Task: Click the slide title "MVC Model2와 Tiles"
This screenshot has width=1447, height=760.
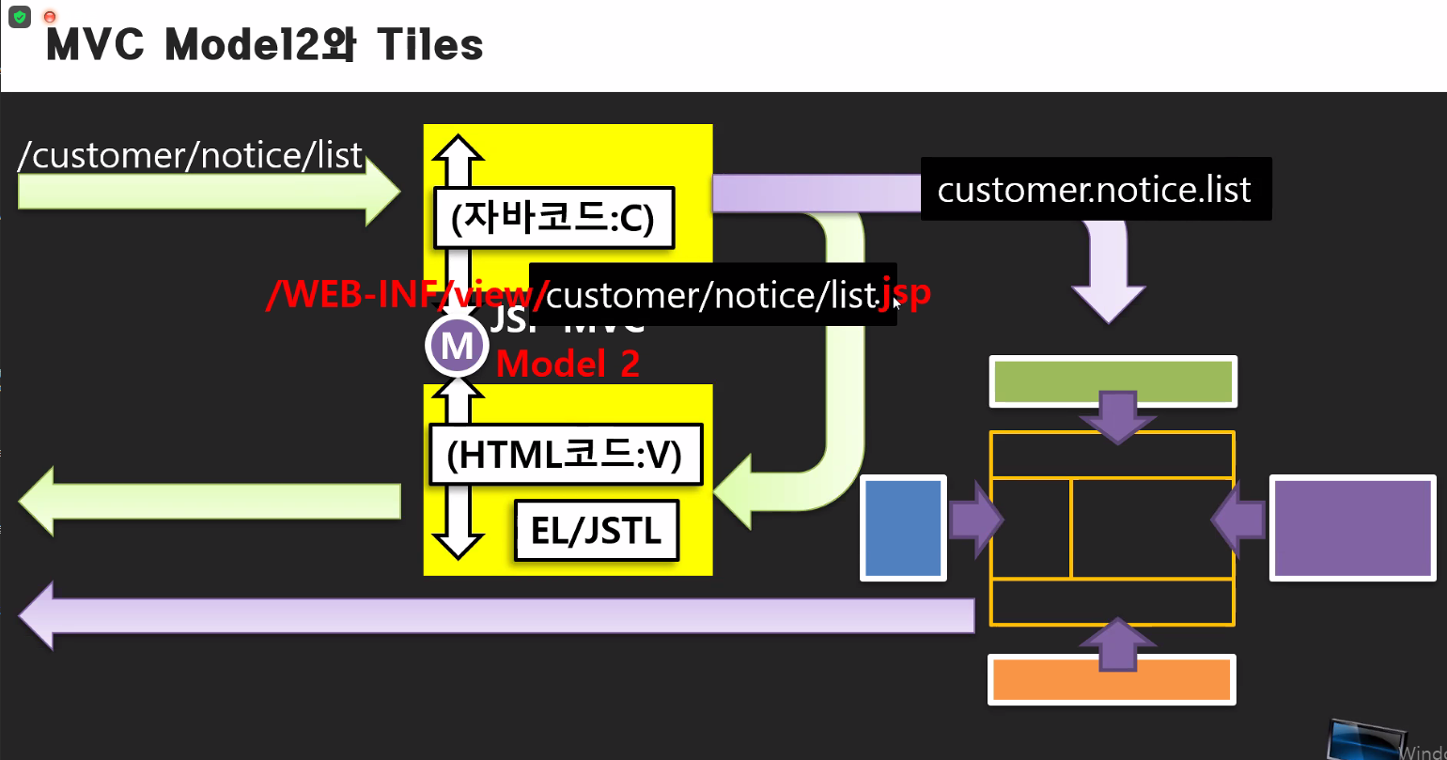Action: tap(264, 44)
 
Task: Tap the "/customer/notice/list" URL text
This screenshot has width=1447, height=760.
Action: tap(190, 155)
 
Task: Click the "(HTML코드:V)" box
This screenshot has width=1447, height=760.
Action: tap(565, 456)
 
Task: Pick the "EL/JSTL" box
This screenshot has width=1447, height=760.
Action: tap(596, 532)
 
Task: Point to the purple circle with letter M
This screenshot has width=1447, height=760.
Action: tap(458, 347)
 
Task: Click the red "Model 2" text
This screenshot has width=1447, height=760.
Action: tap(568, 364)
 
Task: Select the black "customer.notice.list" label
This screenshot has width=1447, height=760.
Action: tap(1095, 190)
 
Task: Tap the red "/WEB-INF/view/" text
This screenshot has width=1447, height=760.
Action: tap(404, 295)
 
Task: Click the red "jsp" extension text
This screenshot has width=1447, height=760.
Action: tap(907, 292)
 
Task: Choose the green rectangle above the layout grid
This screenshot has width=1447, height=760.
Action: tap(1112, 380)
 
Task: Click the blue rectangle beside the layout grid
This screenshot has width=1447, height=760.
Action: tap(903, 526)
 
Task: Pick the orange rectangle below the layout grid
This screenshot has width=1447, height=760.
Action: tap(1112, 679)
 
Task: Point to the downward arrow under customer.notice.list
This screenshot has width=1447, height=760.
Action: tap(1110, 272)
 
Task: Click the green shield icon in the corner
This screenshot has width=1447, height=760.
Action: tap(19, 17)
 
